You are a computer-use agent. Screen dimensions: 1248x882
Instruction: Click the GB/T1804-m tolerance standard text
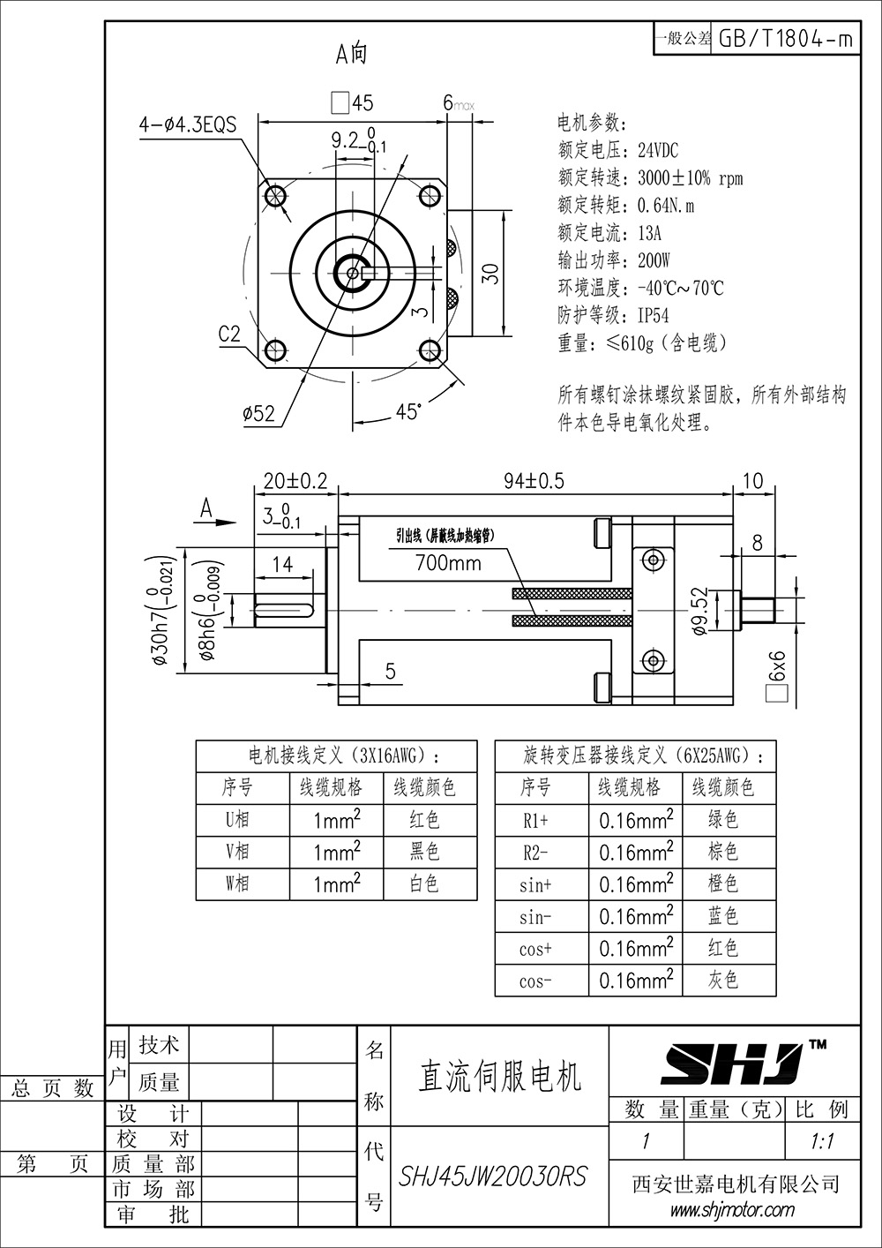point(785,39)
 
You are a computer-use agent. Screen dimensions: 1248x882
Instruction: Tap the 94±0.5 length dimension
point(534,481)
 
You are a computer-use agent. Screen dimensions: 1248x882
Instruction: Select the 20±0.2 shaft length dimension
point(295,481)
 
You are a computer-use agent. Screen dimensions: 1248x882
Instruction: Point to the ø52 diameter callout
point(258,413)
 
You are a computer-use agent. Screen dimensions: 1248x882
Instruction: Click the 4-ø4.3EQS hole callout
point(188,125)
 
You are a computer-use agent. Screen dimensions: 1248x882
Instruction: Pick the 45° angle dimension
point(407,412)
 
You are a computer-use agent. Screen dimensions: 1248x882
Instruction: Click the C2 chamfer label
point(229,334)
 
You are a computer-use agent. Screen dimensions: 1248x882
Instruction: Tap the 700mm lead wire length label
point(448,563)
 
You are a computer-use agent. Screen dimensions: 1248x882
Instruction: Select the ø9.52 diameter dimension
point(701,609)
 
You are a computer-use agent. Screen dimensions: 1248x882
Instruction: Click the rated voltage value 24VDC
point(658,150)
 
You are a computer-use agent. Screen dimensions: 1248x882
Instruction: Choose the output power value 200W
point(654,260)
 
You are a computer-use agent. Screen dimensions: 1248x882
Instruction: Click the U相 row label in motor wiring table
point(236,820)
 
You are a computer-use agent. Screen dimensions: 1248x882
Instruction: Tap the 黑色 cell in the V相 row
point(424,852)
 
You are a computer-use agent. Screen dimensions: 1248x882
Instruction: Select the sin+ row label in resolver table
point(535,884)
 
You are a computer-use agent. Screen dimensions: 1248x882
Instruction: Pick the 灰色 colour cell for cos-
point(723,980)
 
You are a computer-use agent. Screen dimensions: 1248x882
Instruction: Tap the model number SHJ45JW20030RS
point(492,1177)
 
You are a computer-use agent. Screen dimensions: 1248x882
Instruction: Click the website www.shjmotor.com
point(732,1210)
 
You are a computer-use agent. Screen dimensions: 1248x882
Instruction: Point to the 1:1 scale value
point(822,1141)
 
